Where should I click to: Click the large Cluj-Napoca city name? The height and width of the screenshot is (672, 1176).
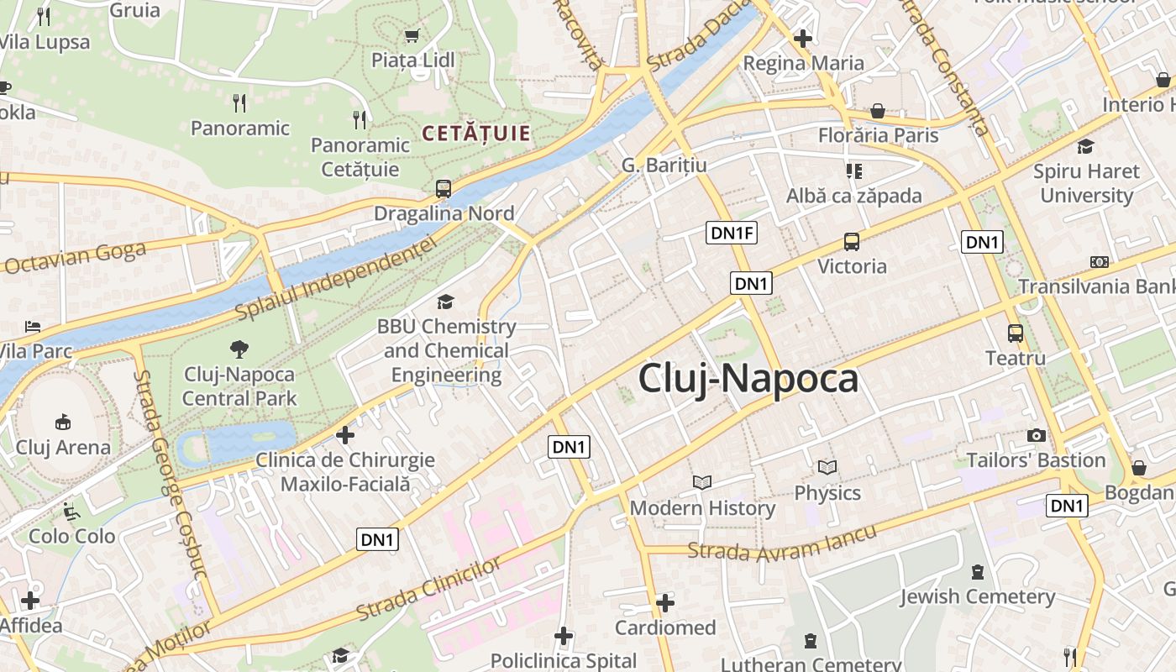click(x=748, y=379)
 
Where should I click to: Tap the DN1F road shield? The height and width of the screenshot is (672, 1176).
click(x=731, y=234)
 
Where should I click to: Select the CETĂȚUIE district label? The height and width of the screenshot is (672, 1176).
click(x=476, y=133)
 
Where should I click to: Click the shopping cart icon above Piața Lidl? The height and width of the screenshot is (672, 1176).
click(x=412, y=36)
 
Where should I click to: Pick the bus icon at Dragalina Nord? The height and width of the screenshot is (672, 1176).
click(x=443, y=189)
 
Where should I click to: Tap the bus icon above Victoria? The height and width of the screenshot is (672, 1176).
click(x=852, y=242)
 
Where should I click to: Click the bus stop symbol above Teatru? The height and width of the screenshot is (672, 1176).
click(x=1015, y=333)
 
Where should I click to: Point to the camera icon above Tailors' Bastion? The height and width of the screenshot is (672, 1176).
click(x=1036, y=435)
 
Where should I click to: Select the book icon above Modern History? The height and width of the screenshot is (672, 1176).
click(x=702, y=482)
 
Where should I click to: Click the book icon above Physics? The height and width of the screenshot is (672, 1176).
click(x=827, y=467)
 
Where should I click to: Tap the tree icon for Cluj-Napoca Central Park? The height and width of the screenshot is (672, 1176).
click(x=239, y=349)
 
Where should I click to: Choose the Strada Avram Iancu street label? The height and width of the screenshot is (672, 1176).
click(x=782, y=543)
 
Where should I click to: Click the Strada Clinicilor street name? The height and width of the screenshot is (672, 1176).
click(x=428, y=587)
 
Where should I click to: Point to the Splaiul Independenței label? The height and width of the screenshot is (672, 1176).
click(x=336, y=277)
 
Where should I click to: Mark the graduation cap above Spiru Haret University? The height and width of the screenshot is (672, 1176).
click(x=1085, y=146)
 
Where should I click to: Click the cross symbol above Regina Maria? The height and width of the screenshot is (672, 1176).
click(x=803, y=39)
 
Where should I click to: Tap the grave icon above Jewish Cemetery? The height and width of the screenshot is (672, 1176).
click(x=977, y=572)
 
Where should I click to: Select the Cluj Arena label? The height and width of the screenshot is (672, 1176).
click(x=63, y=447)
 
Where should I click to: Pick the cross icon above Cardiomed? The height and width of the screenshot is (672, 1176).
click(x=665, y=602)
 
